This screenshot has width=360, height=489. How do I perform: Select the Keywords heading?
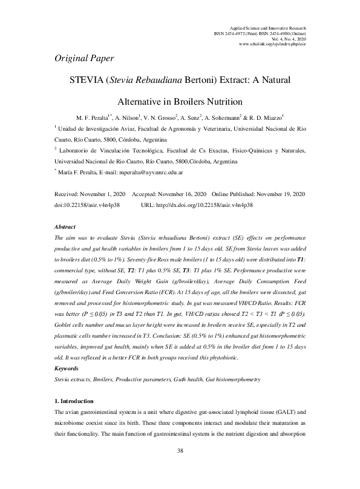[x=67, y=369]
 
